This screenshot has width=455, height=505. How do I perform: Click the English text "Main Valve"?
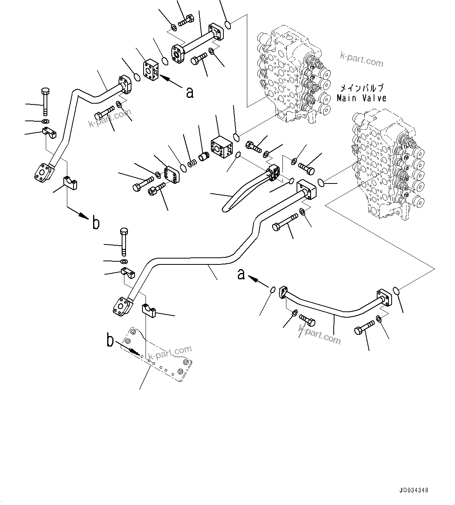[x=361, y=98]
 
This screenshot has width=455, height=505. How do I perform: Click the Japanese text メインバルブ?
[x=361, y=88]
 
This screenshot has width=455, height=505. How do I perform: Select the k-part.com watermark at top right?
[x=361, y=60]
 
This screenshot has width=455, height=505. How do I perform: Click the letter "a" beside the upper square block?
[x=190, y=93]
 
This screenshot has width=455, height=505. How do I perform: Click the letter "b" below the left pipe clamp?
[x=95, y=223]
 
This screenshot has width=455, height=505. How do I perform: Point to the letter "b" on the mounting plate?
[x=111, y=341]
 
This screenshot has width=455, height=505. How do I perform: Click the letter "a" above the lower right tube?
[x=241, y=274]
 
